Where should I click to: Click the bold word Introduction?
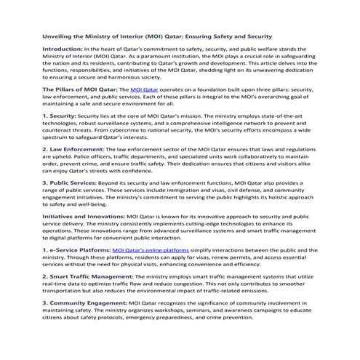[63, 49]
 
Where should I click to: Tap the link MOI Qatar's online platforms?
[155, 249]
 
